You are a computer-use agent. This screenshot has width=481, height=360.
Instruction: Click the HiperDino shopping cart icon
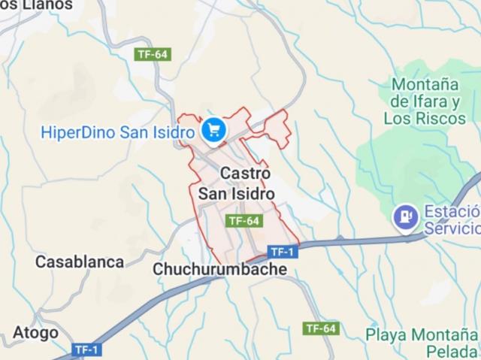(215, 130)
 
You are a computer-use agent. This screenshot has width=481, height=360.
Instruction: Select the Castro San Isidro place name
(236, 183)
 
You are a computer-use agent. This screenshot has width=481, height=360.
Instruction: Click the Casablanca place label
(80, 262)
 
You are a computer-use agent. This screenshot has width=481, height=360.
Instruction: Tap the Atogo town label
(35, 333)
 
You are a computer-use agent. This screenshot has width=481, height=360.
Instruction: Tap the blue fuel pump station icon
(407, 216)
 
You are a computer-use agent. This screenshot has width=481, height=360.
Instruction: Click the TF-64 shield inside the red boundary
(244, 221)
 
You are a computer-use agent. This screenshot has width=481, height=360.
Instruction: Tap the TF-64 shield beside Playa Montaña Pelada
(322, 328)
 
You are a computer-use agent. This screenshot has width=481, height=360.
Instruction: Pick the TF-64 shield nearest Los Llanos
(153, 54)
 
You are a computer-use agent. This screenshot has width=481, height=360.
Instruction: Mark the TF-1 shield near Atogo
(88, 349)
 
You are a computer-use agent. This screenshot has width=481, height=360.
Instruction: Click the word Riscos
(443, 118)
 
